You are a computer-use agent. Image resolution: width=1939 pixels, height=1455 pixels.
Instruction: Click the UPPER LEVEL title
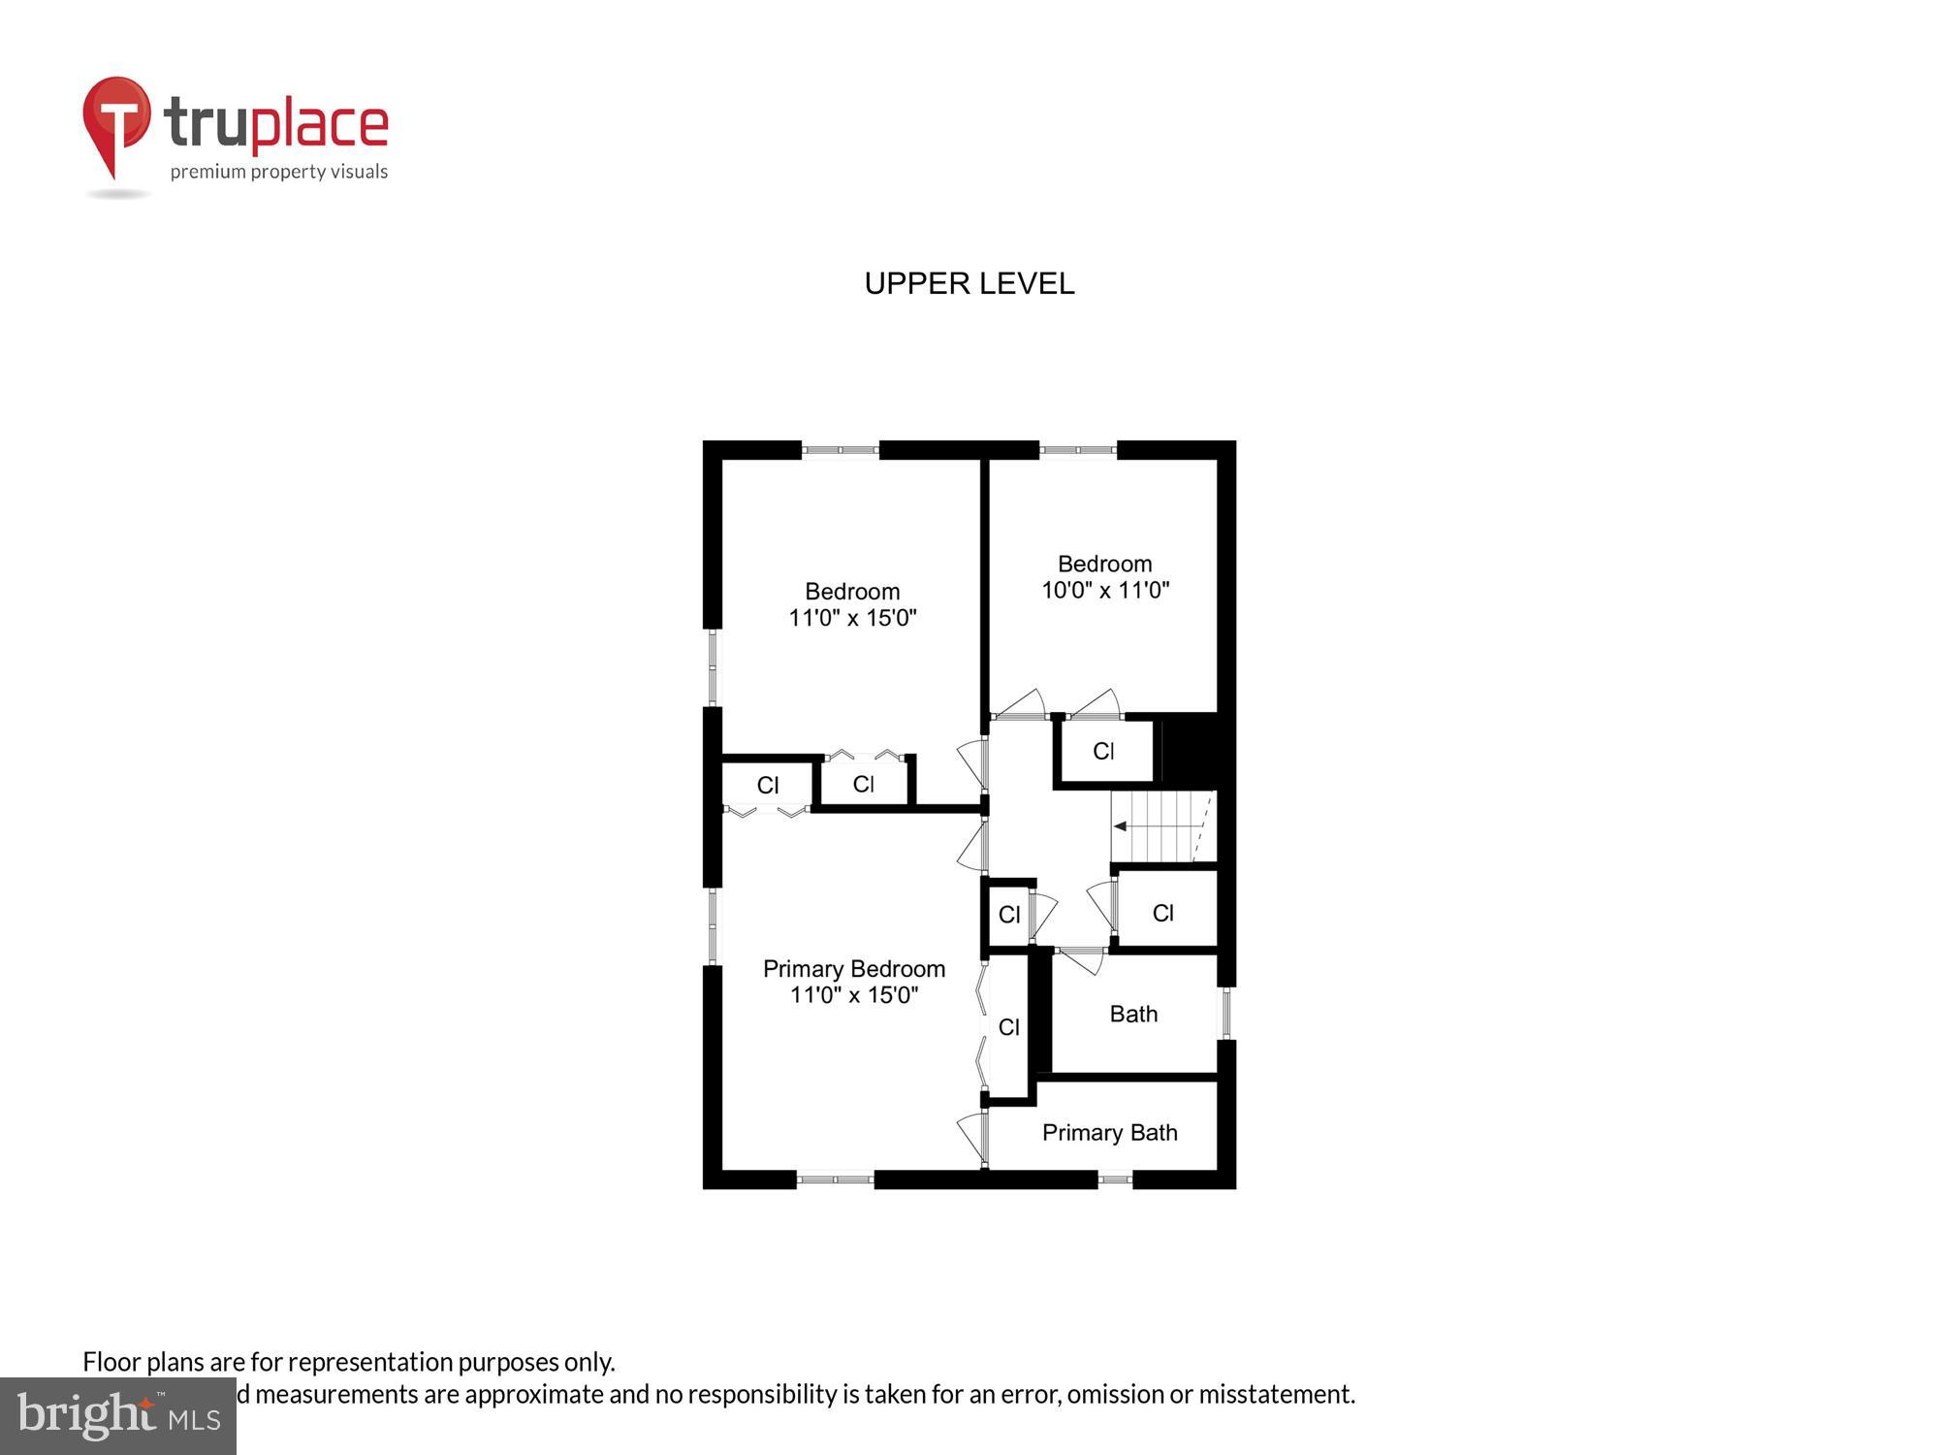[969, 283]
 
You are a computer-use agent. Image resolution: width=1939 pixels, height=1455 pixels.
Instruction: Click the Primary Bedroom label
[853, 969]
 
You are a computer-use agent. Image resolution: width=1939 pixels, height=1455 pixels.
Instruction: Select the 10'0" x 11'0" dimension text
[1105, 590]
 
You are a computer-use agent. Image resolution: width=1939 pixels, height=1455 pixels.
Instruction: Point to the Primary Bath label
[1109, 1133]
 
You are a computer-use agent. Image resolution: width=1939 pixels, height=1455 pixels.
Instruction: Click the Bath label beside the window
[1133, 1015]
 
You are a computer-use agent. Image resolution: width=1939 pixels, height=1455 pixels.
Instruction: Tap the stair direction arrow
[1121, 826]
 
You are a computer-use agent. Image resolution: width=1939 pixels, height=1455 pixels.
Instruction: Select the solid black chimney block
[1189, 749]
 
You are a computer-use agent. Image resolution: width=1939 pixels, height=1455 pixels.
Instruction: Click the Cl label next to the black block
[1103, 752]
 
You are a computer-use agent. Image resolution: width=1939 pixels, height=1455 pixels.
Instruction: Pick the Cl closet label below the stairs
[1162, 913]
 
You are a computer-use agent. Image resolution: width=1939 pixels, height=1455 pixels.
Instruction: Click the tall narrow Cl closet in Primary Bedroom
[1008, 1027]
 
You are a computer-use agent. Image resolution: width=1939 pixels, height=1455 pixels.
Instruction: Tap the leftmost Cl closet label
[768, 786]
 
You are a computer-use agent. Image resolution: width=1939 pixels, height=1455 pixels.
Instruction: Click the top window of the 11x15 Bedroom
[840, 450]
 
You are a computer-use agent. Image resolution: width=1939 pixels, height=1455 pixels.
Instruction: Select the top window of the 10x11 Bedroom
[1078, 450]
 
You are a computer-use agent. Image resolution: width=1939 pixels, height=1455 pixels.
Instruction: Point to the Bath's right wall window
[1225, 1014]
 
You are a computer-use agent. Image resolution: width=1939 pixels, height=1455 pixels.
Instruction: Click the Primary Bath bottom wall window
[1115, 1180]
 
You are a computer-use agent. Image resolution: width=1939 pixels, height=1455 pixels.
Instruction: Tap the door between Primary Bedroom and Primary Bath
[974, 1137]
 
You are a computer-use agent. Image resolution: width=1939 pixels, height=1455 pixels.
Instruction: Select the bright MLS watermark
[118, 1416]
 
